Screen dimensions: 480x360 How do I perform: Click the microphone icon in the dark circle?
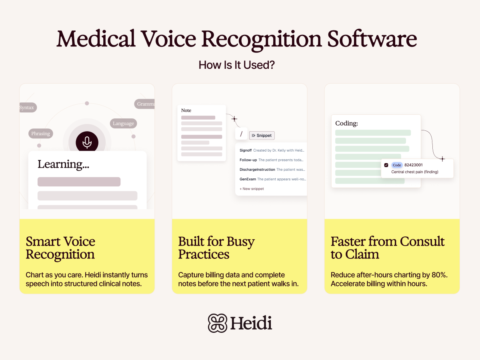pos(87,142)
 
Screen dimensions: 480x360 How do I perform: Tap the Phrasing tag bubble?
pos(41,134)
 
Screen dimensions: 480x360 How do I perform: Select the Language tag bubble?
pos(123,123)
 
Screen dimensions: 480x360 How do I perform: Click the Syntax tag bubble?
pos(27,108)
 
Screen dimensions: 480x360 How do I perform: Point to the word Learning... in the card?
pos(63,164)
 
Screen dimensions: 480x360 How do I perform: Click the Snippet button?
pos(262,136)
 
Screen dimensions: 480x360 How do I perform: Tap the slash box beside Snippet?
pos(241,134)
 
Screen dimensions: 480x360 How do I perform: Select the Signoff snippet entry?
pos(246,150)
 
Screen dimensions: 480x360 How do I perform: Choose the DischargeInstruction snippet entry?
pos(257,170)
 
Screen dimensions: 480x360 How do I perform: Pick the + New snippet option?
pos(252,189)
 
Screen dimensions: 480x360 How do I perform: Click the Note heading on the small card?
pos(186,110)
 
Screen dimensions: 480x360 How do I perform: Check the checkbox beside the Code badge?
pos(386,165)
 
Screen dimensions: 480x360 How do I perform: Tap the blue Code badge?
pos(397,165)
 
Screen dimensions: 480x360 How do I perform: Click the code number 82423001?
pos(414,165)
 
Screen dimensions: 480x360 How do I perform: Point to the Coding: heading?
pos(346,123)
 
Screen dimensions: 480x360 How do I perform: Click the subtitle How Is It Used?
pos(237,65)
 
